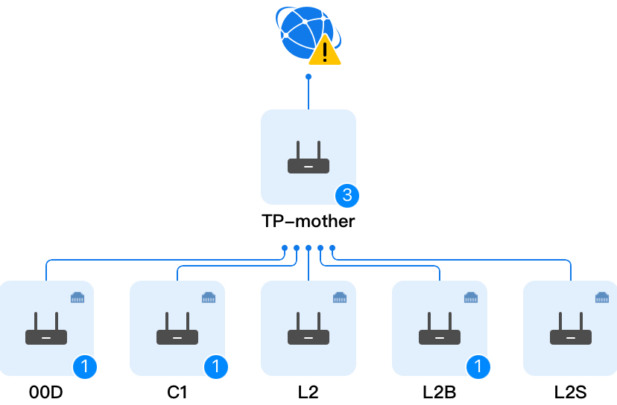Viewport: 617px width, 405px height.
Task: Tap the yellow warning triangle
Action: tap(324, 51)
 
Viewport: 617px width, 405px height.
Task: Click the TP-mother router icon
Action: tap(308, 158)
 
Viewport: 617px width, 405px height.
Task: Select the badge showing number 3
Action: tap(347, 196)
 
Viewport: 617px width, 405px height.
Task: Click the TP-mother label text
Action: tap(308, 221)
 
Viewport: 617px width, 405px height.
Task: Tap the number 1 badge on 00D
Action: tap(85, 366)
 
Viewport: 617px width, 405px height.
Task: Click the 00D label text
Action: tap(46, 392)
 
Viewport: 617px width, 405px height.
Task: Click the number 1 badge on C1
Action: tap(216, 366)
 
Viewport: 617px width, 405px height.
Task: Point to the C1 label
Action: tap(177, 392)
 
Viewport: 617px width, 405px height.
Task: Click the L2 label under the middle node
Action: tap(308, 392)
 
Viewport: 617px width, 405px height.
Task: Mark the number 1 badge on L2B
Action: tap(478, 366)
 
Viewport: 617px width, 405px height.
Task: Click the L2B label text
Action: tap(440, 392)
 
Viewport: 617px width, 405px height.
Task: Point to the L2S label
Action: tap(571, 392)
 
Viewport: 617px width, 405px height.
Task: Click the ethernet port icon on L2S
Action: tap(602, 298)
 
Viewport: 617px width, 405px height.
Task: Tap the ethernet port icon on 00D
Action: tap(77, 298)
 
